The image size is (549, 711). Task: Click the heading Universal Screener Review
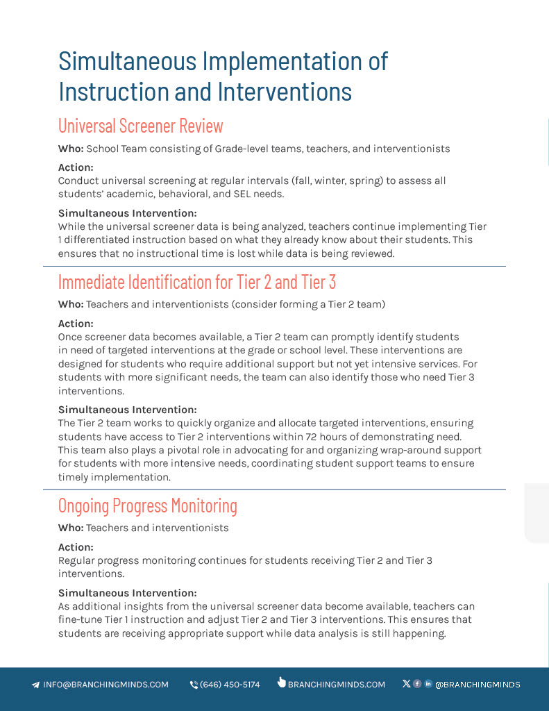click(x=141, y=126)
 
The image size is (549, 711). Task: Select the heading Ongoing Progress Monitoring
click(x=148, y=505)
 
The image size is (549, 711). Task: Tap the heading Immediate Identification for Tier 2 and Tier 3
click(x=197, y=282)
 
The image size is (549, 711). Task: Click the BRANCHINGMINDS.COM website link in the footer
click(x=336, y=685)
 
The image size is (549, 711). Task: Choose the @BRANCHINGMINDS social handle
click(x=478, y=685)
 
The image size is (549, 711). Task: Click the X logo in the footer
click(x=406, y=684)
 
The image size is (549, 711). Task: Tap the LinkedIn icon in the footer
click(x=428, y=684)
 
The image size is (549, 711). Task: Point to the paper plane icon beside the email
click(x=35, y=685)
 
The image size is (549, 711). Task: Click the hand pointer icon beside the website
click(x=281, y=683)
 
